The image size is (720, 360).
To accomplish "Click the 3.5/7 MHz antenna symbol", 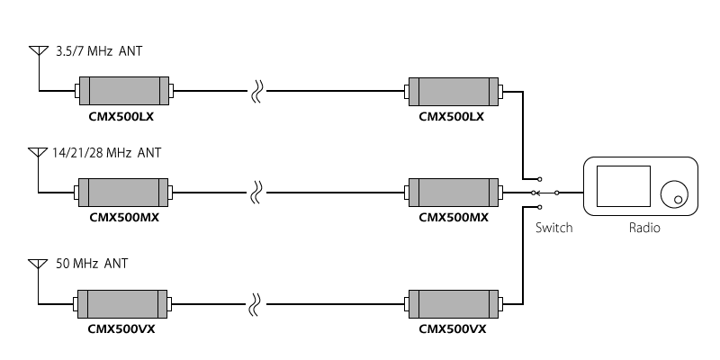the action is [x=39, y=50].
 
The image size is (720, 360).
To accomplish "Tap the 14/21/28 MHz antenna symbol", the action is [x=38, y=152].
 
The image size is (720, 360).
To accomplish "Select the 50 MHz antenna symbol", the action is [x=38, y=264].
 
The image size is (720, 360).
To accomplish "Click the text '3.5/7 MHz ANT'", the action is [x=99, y=51].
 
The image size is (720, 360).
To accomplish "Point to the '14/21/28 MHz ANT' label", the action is [x=106, y=152].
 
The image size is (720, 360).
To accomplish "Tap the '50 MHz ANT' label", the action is [x=92, y=264].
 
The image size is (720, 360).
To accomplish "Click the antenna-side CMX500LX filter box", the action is [x=124, y=91].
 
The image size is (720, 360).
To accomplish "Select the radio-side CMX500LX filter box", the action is [x=454, y=92].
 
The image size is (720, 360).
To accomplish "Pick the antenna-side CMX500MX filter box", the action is [x=123, y=193].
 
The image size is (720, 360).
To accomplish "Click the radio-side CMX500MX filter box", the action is [x=454, y=193].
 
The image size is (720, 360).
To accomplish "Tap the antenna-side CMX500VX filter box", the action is [x=122, y=303].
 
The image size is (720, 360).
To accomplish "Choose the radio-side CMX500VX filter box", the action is [x=454, y=303].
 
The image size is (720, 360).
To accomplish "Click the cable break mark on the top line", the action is [x=256, y=91].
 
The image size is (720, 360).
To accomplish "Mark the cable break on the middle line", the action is [x=256, y=193].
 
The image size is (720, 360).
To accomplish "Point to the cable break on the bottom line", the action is [x=256, y=304].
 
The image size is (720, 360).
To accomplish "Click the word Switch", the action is [x=553, y=228].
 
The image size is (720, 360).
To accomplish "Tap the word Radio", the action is [x=644, y=228].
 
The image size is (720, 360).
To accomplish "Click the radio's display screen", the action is [x=624, y=186].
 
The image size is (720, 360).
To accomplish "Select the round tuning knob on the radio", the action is [x=674, y=194].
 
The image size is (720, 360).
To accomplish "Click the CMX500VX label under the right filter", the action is [x=453, y=329].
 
